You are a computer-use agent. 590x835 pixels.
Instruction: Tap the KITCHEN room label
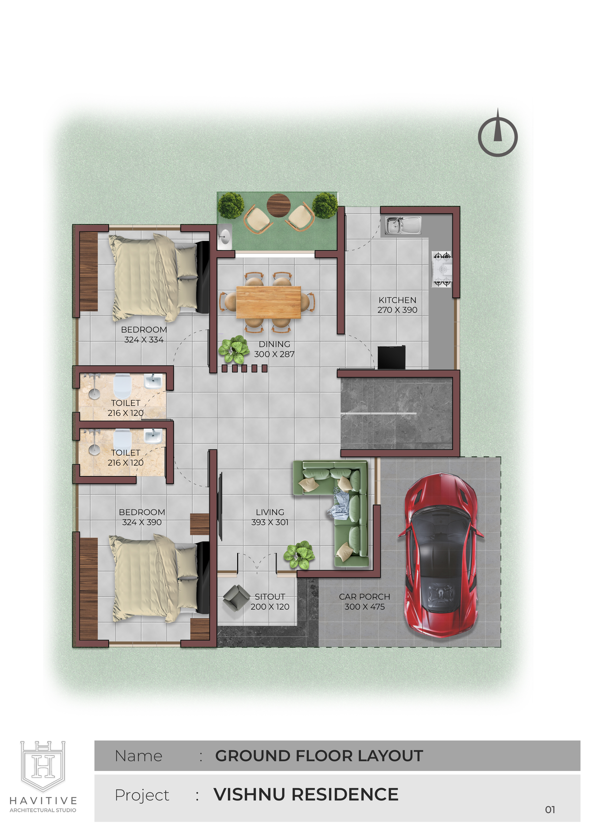click(397, 300)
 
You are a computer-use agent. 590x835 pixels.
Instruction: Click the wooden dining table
click(268, 302)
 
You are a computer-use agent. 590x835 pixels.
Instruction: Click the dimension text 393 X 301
click(270, 522)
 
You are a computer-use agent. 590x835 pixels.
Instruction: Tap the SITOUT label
click(270, 597)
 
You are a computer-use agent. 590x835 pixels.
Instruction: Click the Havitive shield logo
click(43, 765)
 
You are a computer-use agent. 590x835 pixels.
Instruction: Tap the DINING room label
click(275, 344)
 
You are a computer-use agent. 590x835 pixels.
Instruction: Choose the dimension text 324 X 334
click(144, 340)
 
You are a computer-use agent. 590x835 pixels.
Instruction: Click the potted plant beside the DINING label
click(234, 349)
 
